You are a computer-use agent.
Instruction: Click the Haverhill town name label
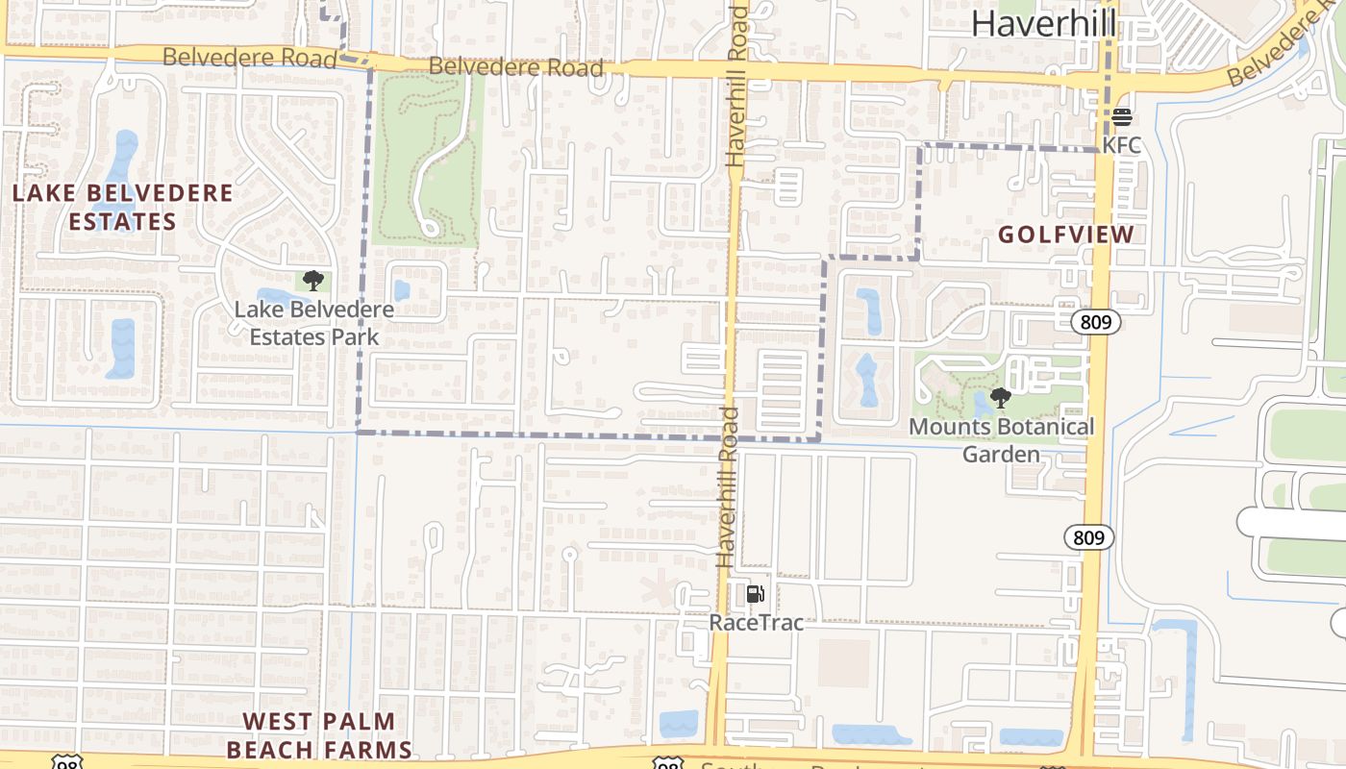click(x=1043, y=22)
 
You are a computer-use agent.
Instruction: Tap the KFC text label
click(x=1122, y=145)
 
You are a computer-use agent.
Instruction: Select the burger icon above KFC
click(x=1122, y=117)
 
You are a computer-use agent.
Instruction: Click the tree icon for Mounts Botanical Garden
click(x=1001, y=397)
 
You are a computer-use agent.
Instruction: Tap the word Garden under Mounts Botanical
click(x=1002, y=454)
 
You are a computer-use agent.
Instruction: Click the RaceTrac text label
click(x=756, y=622)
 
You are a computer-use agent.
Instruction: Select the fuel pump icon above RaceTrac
click(x=756, y=594)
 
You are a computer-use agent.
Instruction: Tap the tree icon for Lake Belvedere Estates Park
click(x=312, y=281)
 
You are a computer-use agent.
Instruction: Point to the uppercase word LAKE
click(x=44, y=193)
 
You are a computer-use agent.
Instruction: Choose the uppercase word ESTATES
click(x=122, y=222)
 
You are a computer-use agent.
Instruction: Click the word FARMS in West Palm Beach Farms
click(x=366, y=750)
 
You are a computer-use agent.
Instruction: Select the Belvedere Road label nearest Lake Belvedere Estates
click(x=249, y=58)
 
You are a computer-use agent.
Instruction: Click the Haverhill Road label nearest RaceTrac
click(x=728, y=486)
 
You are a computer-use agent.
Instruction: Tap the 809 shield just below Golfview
click(x=1096, y=322)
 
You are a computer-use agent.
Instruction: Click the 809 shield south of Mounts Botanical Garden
click(x=1088, y=537)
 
